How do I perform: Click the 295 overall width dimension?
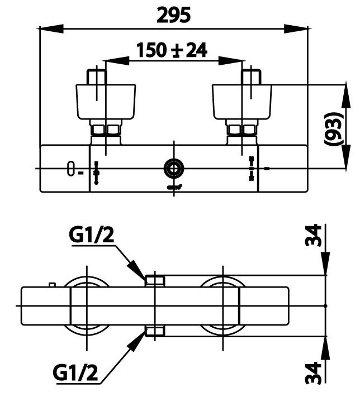coord(174,15)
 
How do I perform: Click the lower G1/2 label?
coord(77,371)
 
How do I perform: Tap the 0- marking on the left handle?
coord(73,169)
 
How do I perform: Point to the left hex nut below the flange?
coord(106,132)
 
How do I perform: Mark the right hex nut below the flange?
coord(241,132)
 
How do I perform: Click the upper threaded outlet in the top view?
coord(154,280)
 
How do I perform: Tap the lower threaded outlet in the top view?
coord(154,332)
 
